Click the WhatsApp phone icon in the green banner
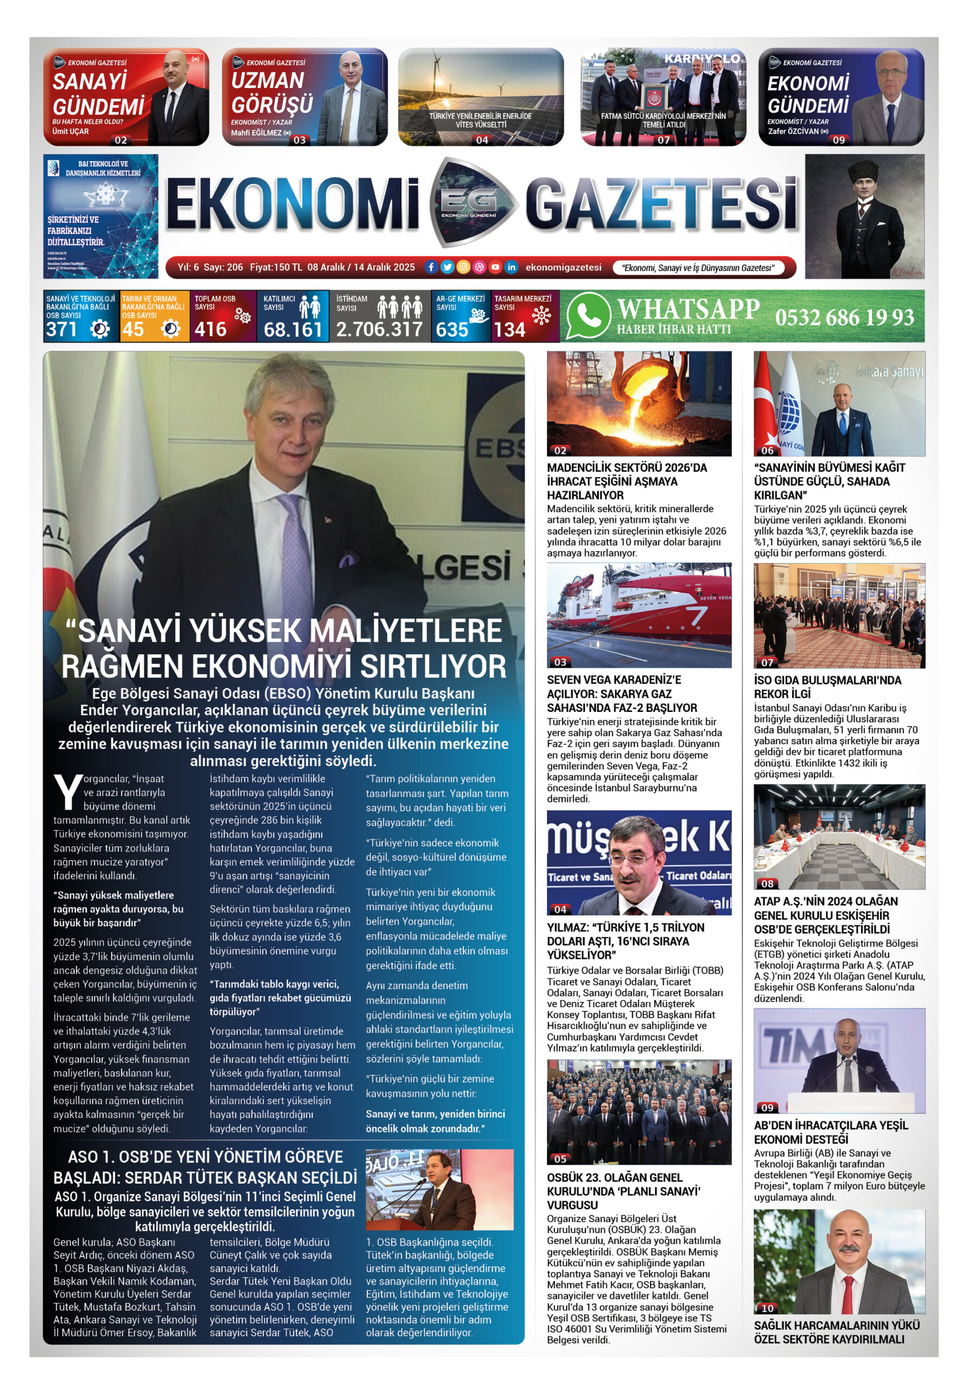pos(588,316)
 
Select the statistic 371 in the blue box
pos(62,330)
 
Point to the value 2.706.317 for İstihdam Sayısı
pos(379,330)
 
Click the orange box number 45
pos(133,330)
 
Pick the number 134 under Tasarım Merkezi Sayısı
pos(509,330)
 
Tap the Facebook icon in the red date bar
pos(431,267)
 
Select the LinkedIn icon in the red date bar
pos(511,267)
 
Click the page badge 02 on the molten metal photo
pos(560,451)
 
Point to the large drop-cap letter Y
pos(68,792)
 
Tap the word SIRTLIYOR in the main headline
pos(432,667)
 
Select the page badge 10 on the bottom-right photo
pos(767,1308)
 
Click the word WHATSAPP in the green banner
pos(688,309)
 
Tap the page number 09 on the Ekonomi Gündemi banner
pos(838,140)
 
